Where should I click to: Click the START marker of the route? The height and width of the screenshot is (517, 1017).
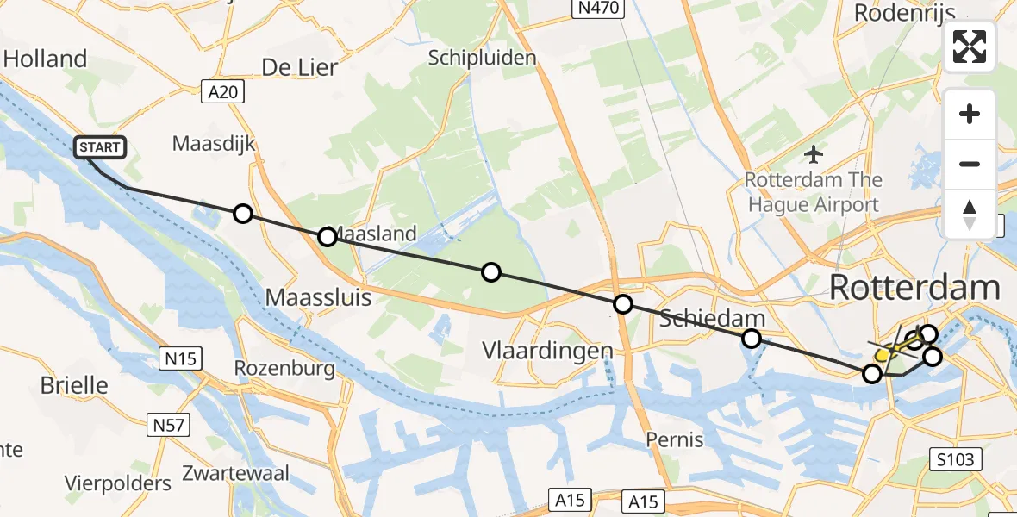point(101,148)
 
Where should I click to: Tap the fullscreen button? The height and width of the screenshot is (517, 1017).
point(970,47)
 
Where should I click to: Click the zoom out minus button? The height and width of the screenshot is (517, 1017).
point(970,164)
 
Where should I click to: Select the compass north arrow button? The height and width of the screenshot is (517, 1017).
point(970,215)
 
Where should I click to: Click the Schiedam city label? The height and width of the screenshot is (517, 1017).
point(712,319)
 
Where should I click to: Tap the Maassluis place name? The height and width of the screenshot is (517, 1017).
point(318,298)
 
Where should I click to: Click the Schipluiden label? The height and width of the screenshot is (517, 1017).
point(483,58)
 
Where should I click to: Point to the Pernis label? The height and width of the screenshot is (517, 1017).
point(675,439)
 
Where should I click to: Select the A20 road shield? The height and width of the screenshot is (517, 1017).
point(223,91)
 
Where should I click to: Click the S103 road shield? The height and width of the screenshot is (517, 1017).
point(957,459)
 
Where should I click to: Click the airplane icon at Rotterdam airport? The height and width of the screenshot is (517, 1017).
point(813,155)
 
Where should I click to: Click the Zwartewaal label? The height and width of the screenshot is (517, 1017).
point(235,473)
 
